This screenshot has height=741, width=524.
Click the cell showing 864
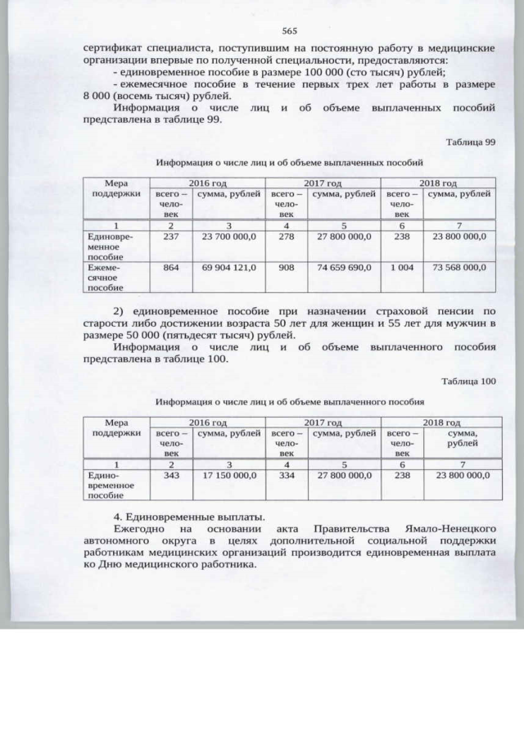(171, 267)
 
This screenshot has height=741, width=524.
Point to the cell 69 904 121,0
(229, 267)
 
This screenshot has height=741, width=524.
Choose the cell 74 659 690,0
(344, 267)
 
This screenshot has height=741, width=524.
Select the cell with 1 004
(401, 267)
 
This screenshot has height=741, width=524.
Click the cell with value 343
(171, 475)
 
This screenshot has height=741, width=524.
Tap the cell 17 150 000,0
(229, 475)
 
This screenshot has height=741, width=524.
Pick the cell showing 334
(287, 475)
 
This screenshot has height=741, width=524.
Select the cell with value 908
(287, 267)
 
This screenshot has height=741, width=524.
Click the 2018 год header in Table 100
(438, 422)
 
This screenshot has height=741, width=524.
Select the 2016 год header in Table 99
(207, 183)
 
